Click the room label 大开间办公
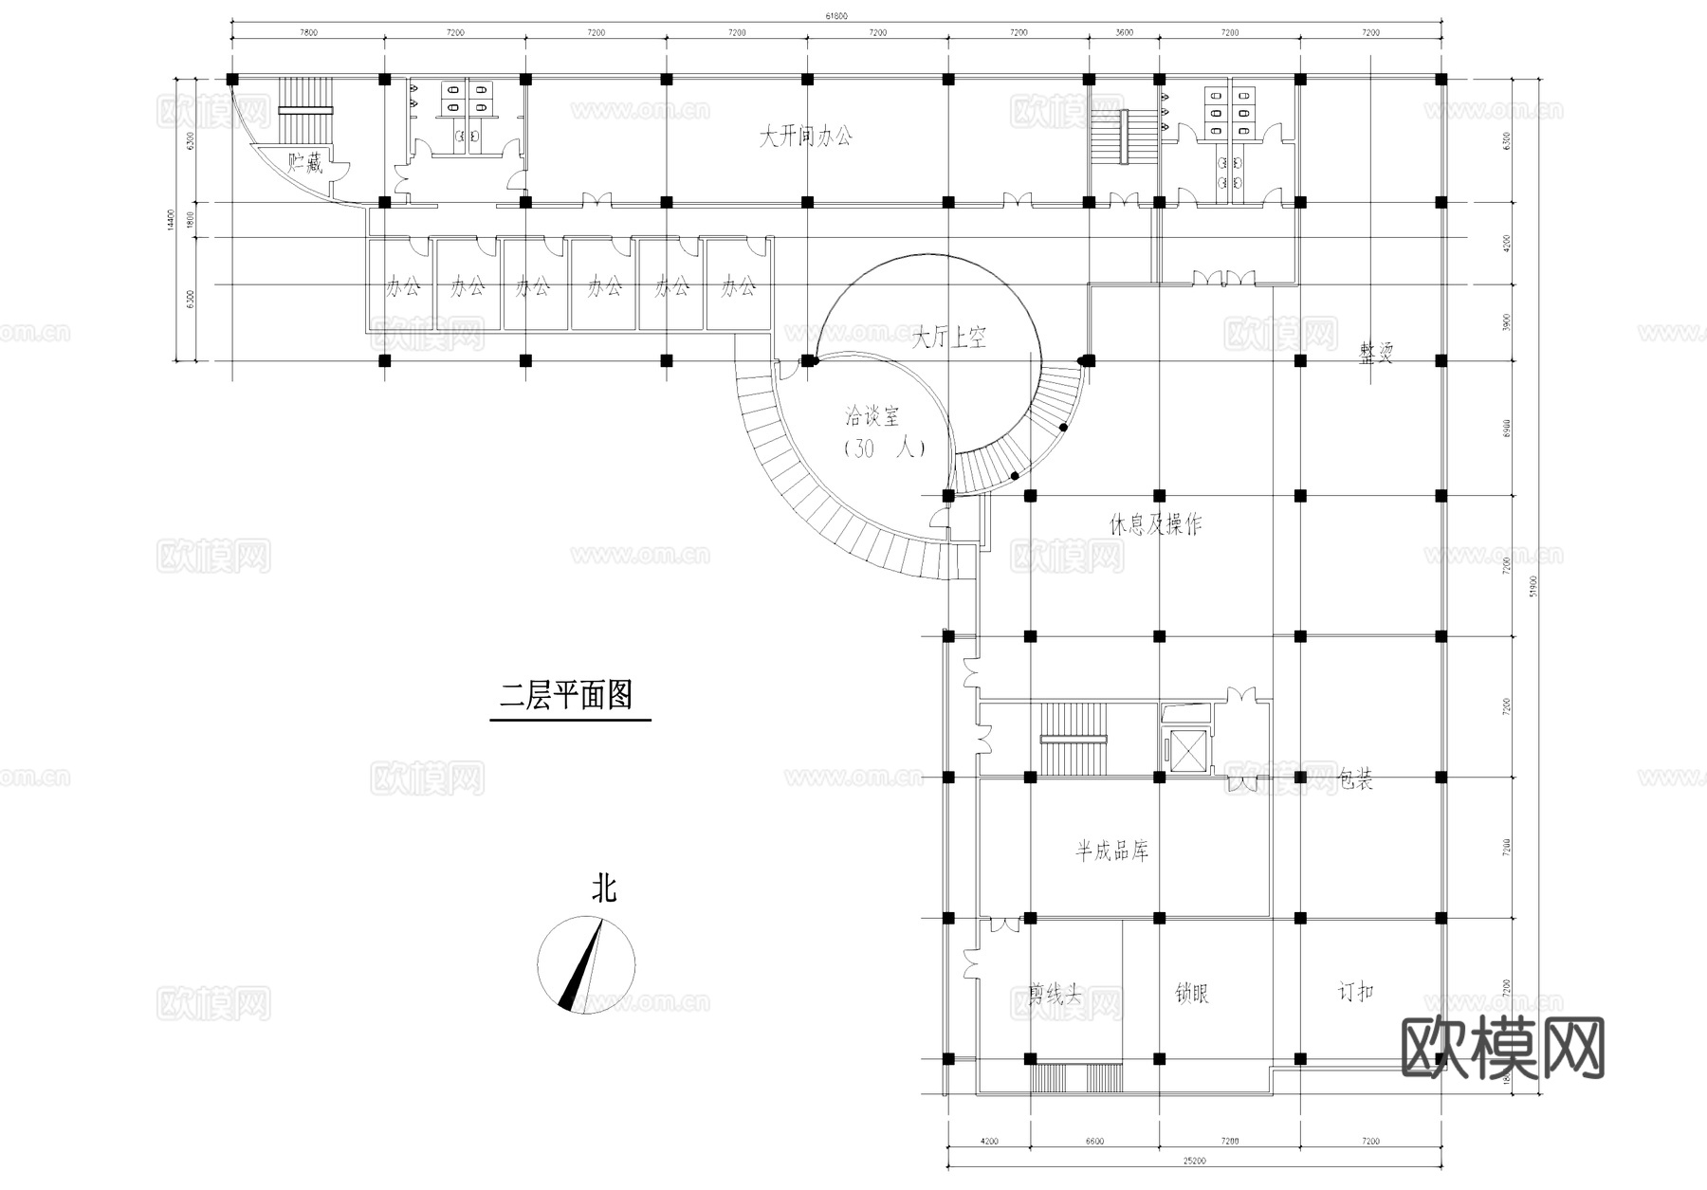click(805, 137)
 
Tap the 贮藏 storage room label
click(305, 163)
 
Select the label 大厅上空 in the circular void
click(948, 338)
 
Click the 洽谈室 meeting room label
click(872, 415)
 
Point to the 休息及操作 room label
click(1156, 524)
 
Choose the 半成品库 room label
click(1111, 851)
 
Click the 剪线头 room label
click(1055, 994)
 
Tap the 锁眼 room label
click(1192, 994)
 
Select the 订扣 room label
click(1355, 993)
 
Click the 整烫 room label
click(1376, 355)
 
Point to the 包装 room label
click(1354, 780)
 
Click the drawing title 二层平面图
click(566, 697)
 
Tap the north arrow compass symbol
click(586, 965)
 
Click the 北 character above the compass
click(604, 889)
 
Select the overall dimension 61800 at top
click(836, 14)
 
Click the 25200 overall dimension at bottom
click(1194, 1160)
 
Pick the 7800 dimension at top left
click(308, 32)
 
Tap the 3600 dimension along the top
click(1123, 32)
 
